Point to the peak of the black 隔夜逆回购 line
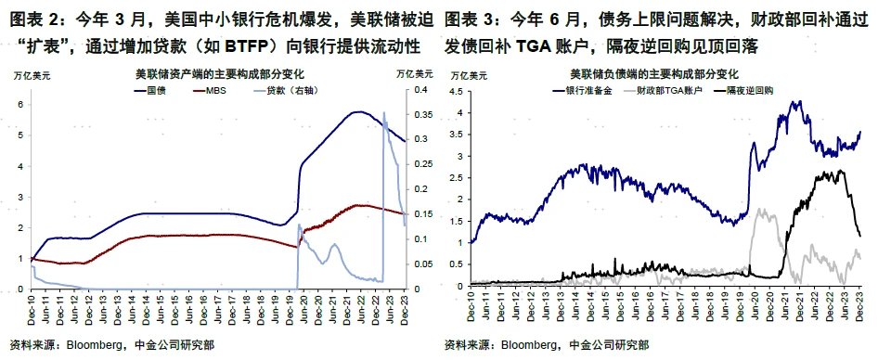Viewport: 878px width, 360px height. pyautogui.click(x=840, y=171)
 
